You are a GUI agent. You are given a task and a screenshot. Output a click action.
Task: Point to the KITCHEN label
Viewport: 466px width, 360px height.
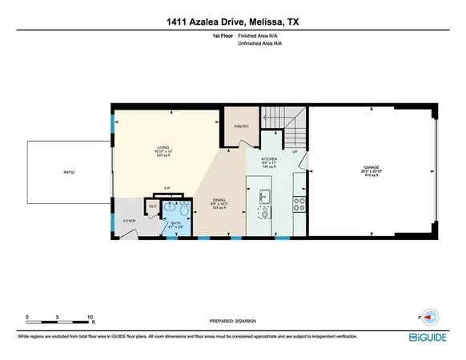[268, 159]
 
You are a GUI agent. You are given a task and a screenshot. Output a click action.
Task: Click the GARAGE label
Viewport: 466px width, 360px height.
[369, 168]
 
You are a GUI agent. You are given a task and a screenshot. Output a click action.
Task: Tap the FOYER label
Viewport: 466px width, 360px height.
[129, 221]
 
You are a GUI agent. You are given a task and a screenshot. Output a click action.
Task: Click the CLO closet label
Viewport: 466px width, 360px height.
[153, 206]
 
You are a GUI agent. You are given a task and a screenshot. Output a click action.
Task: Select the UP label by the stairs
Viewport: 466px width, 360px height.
[295, 151]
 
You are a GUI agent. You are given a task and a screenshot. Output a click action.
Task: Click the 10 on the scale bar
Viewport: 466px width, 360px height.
[90, 316]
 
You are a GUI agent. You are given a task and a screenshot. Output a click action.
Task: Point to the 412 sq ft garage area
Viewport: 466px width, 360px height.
[369, 178]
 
